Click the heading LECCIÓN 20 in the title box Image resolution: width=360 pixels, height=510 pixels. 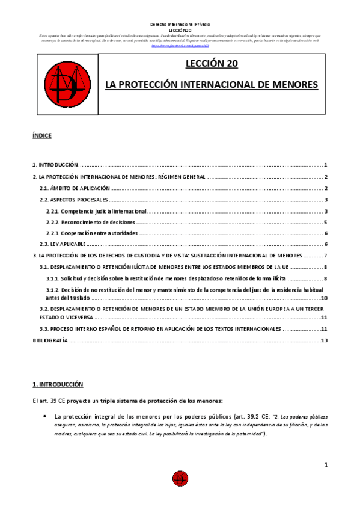[x=212, y=63]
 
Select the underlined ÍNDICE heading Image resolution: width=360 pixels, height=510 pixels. [x=42, y=136]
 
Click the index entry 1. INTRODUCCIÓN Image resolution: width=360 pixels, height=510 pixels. [x=55, y=165]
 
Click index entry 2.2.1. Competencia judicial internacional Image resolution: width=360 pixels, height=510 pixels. [x=96, y=211]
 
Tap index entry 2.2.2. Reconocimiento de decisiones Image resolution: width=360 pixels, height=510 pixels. [x=91, y=223]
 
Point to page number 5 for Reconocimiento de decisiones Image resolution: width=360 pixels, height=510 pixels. [x=325, y=223]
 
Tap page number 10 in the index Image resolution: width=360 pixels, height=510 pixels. [x=323, y=298]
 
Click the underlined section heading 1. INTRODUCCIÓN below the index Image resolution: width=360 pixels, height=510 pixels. [x=58, y=384]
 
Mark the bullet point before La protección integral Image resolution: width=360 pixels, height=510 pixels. [x=45, y=416]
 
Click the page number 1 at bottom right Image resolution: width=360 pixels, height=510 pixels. [x=325, y=465]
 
